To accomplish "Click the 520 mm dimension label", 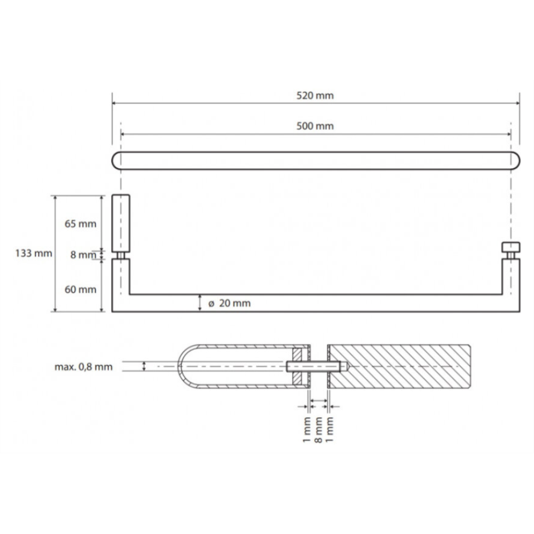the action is [315, 96].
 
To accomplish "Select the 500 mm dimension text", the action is [315, 127].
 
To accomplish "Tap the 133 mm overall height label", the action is [34, 253].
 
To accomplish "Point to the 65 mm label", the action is [81, 224].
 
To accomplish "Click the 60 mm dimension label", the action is [81, 289].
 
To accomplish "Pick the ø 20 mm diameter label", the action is [230, 303].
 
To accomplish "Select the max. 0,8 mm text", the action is [83, 367].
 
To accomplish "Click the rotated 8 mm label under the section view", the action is [318, 430].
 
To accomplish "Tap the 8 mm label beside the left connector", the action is [83, 255].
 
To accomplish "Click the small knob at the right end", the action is [511, 247].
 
